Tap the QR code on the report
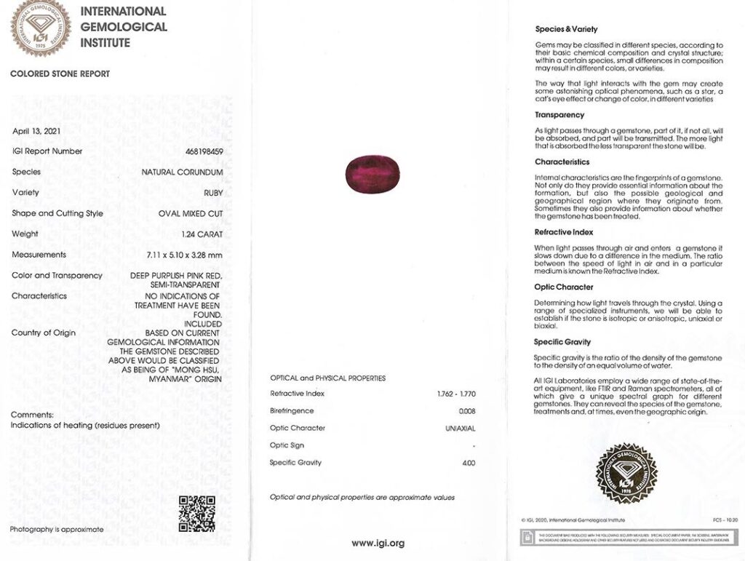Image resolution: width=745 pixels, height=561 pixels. [196, 514]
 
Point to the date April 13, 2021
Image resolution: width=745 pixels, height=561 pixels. [36, 131]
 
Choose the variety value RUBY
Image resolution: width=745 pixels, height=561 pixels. [213, 193]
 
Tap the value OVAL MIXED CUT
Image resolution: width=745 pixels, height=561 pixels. [191, 214]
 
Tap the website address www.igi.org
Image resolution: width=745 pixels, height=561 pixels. [378, 543]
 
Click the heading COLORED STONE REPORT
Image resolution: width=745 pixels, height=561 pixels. [60, 74]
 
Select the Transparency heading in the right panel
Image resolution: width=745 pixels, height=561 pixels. [559, 115]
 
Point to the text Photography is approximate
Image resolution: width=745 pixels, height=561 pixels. [57, 529]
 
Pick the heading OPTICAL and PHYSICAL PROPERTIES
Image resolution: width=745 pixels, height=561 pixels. [327, 378]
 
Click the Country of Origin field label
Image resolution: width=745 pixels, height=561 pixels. [44, 333]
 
